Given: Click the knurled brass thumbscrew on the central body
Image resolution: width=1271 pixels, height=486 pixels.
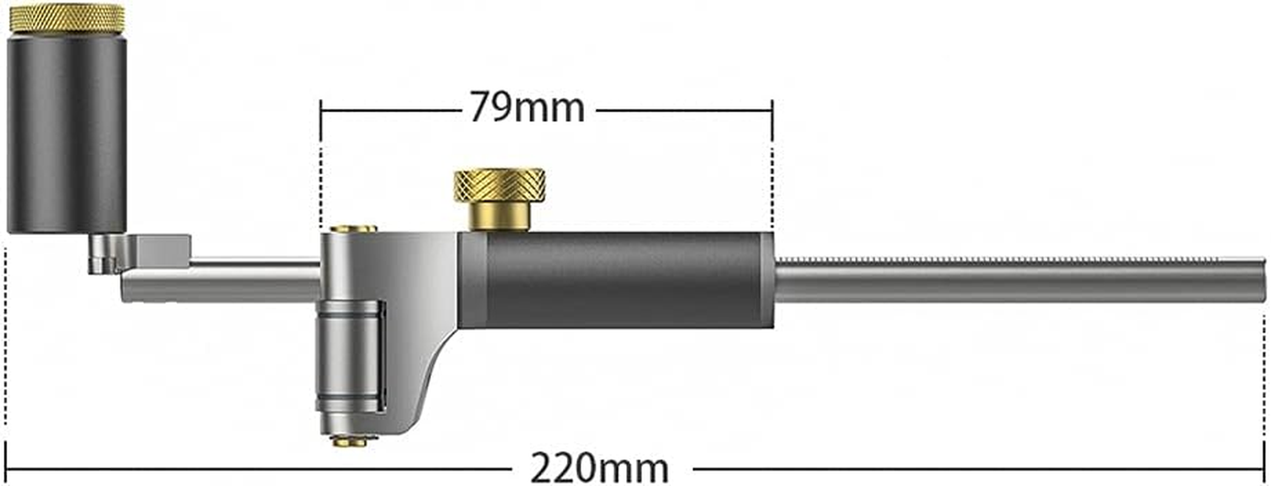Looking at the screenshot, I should coord(499,185).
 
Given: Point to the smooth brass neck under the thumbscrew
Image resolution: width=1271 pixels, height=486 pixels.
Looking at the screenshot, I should coord(500,217).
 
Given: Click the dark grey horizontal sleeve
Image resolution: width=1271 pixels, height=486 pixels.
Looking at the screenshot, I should coord(619,279).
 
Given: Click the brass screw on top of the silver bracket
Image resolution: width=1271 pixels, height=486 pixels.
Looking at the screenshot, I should coord(353,229).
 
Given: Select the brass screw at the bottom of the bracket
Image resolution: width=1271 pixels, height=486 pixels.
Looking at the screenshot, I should coord(350,442).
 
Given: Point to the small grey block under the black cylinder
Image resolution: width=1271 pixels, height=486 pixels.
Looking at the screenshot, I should coord(162,250).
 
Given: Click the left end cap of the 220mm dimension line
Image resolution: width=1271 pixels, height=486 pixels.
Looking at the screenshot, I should coord(6,468).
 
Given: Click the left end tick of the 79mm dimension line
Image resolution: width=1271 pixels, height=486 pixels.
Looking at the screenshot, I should coord(320,111).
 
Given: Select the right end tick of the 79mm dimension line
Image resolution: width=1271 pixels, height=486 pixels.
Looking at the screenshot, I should coord(772,111).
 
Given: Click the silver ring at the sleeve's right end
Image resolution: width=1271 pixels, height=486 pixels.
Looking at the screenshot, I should coord(768,279).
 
